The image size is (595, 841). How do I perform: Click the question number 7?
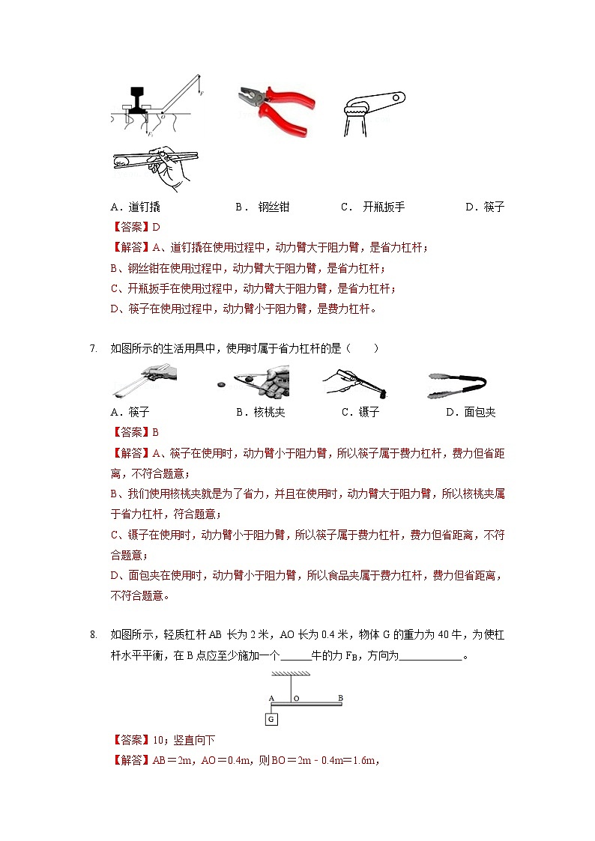point(93,349)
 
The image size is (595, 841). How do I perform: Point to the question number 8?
point(93,636)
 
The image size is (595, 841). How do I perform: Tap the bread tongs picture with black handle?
point(456,384)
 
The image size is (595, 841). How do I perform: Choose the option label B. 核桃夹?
point(261,412)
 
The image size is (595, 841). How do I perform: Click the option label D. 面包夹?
point(471,412)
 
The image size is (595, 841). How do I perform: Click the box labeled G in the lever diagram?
point(271,720)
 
